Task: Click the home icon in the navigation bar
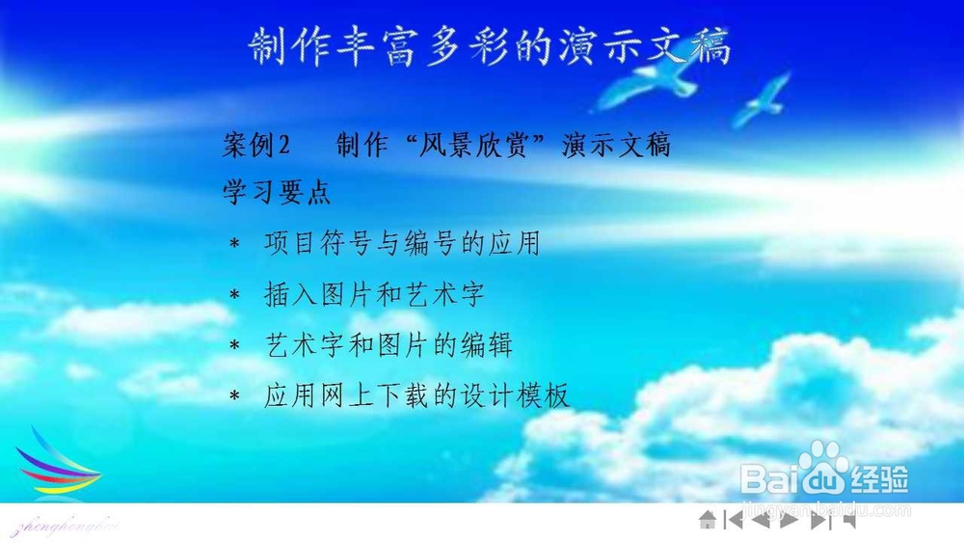708,520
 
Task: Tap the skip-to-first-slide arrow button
734,520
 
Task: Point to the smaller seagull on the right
763,99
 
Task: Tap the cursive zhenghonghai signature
65,527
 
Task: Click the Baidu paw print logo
822,466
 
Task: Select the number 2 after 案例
283,145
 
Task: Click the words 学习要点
277,192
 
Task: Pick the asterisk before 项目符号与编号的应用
234,244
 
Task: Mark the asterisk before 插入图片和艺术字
234,295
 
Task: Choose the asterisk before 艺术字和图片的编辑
234,345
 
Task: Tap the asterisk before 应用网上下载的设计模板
234,396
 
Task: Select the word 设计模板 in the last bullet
515,395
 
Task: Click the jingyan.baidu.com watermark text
827,509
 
